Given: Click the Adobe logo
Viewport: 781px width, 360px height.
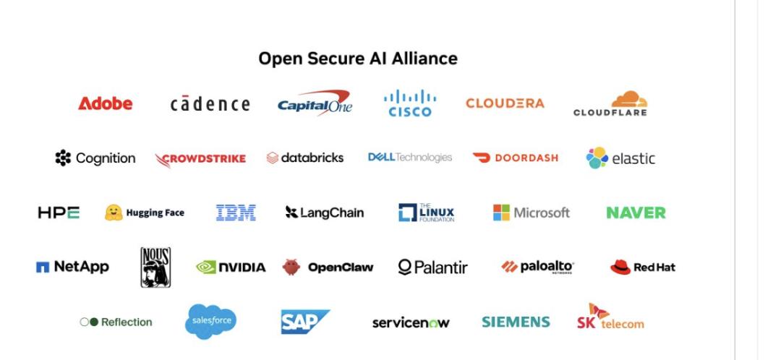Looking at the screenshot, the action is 105,103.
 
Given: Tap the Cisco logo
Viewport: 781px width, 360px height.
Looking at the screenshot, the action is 410,103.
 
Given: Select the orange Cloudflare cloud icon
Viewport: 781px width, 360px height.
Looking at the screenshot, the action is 630,99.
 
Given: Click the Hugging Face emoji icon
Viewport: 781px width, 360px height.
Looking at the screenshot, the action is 114,213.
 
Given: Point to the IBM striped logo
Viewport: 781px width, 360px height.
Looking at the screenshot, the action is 236,213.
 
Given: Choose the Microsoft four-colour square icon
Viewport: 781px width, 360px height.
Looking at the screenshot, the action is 502,213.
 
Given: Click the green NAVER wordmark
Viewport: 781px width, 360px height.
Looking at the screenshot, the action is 636,213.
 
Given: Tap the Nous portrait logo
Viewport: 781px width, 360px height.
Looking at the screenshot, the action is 155,267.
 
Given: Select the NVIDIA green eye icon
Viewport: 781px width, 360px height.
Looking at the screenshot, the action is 206,267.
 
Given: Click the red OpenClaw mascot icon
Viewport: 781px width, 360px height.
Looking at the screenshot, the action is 291,267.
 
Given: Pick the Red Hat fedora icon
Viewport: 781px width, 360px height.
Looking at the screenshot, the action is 620,267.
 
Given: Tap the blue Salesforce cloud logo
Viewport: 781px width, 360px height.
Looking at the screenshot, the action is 210,321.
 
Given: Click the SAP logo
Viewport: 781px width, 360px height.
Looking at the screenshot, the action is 305,322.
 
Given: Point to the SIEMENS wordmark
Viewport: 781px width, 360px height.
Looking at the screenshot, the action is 516,322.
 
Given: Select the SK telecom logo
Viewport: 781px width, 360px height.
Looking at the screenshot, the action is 610,317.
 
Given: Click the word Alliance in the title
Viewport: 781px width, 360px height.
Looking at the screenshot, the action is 424,59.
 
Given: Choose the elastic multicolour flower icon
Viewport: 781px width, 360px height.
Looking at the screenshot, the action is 597,158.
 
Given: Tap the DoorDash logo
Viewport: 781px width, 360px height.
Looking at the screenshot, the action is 515,158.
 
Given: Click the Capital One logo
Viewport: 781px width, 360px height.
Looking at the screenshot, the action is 315,103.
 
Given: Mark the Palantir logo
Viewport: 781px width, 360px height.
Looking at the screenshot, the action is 433,267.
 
